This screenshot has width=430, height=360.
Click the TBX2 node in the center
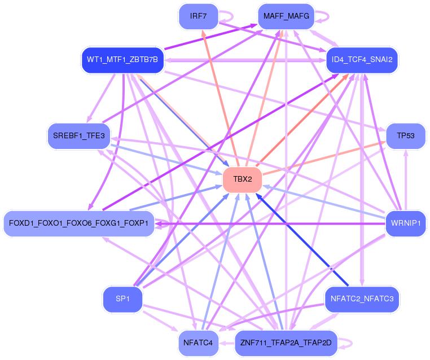[243, 180]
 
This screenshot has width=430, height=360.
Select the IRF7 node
[198, 16]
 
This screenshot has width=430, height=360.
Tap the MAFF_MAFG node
[286, 16]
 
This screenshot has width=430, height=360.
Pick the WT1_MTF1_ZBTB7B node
[122, 59]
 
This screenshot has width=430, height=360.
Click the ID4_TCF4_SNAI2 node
[362, 59]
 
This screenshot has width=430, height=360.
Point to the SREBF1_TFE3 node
[79, 136]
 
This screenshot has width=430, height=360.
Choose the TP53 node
[405, 136]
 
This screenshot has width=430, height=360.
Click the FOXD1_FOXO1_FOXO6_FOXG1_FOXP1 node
[78, 223]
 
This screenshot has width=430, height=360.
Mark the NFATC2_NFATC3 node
[362, 299]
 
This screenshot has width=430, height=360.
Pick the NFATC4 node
[198, 343]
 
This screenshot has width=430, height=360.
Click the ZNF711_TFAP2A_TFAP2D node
[286, 343]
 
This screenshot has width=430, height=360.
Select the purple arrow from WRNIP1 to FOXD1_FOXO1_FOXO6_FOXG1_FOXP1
[271, 223]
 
